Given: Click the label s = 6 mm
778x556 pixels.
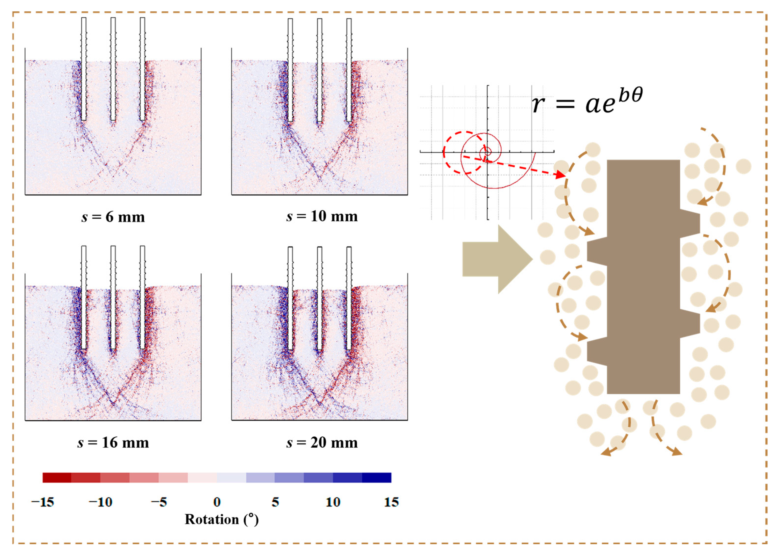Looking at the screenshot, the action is point(113,217).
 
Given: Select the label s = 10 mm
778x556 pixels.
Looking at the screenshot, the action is point(322,216).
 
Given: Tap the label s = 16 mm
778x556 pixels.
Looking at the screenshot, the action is point(113,443).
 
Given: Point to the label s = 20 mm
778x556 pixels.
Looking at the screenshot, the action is point(322,443).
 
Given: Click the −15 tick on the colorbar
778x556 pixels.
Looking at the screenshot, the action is point(43,502).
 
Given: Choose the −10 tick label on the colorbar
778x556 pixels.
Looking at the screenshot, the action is point(101,502).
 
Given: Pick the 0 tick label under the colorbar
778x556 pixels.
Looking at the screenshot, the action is point(217,502).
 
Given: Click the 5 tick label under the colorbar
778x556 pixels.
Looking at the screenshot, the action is point(275,502).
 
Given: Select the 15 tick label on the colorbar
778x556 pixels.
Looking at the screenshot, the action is point(391,502).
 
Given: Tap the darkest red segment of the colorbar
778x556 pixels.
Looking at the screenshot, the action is point(57,477).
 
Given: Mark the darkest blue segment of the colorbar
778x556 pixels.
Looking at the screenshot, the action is point(376,477).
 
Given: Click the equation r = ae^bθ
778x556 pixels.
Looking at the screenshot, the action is point(587,101).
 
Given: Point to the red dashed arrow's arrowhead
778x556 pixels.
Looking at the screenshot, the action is point(560,175).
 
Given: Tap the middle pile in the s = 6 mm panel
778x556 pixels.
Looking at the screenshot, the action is point(113,68).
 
